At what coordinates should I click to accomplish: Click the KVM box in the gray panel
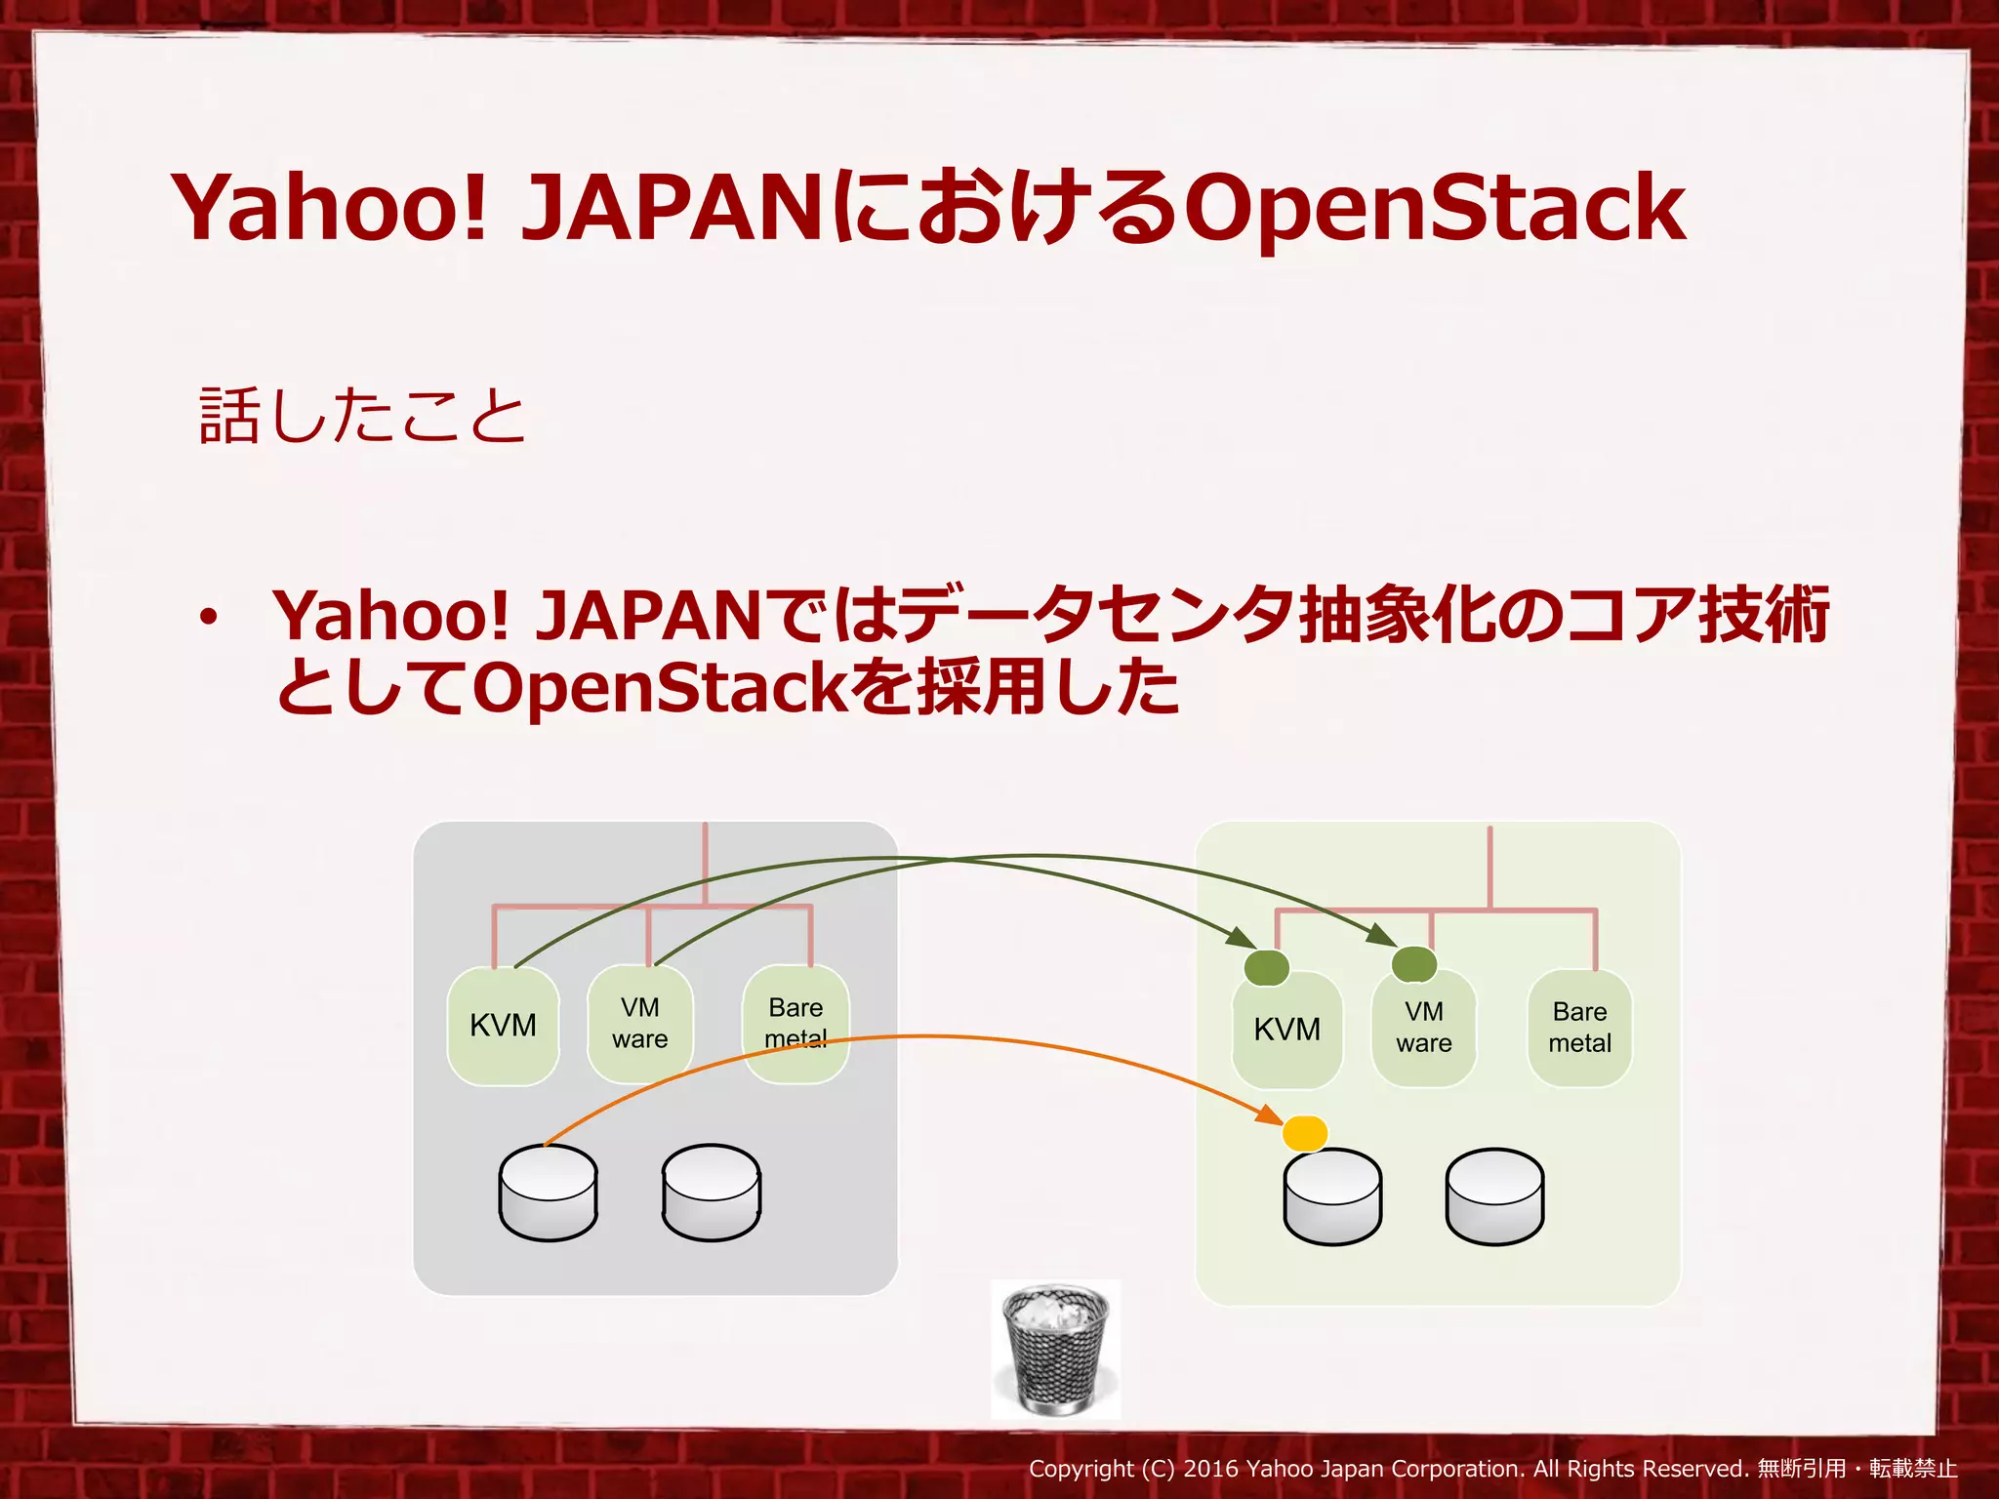(x=503, y=1026)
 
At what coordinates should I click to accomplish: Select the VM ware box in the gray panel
(x=640, y=1024)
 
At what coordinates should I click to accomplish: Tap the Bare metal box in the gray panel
(x=796, y=1023)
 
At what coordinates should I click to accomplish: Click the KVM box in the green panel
(x=1286, y=1031)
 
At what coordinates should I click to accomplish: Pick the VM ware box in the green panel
(x=1424, y=1029)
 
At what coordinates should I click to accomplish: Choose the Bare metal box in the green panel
(x=1579, y=1028)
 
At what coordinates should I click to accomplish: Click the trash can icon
(x=1056, y=1350)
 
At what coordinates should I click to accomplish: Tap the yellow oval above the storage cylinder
(x=1305, y=1133)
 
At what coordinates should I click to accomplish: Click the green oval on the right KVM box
(x=1267, y=967)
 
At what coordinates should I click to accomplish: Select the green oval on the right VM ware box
(x=1413, y=964)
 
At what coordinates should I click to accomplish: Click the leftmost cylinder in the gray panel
(x=548, y=1193)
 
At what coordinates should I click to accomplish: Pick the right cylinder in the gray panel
(x=711, y=1193)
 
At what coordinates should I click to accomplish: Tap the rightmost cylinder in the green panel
(x=1494, y=1196)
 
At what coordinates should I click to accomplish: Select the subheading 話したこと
(x=362, y=417)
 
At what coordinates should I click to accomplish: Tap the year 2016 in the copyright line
(x=1210, y=1469)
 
